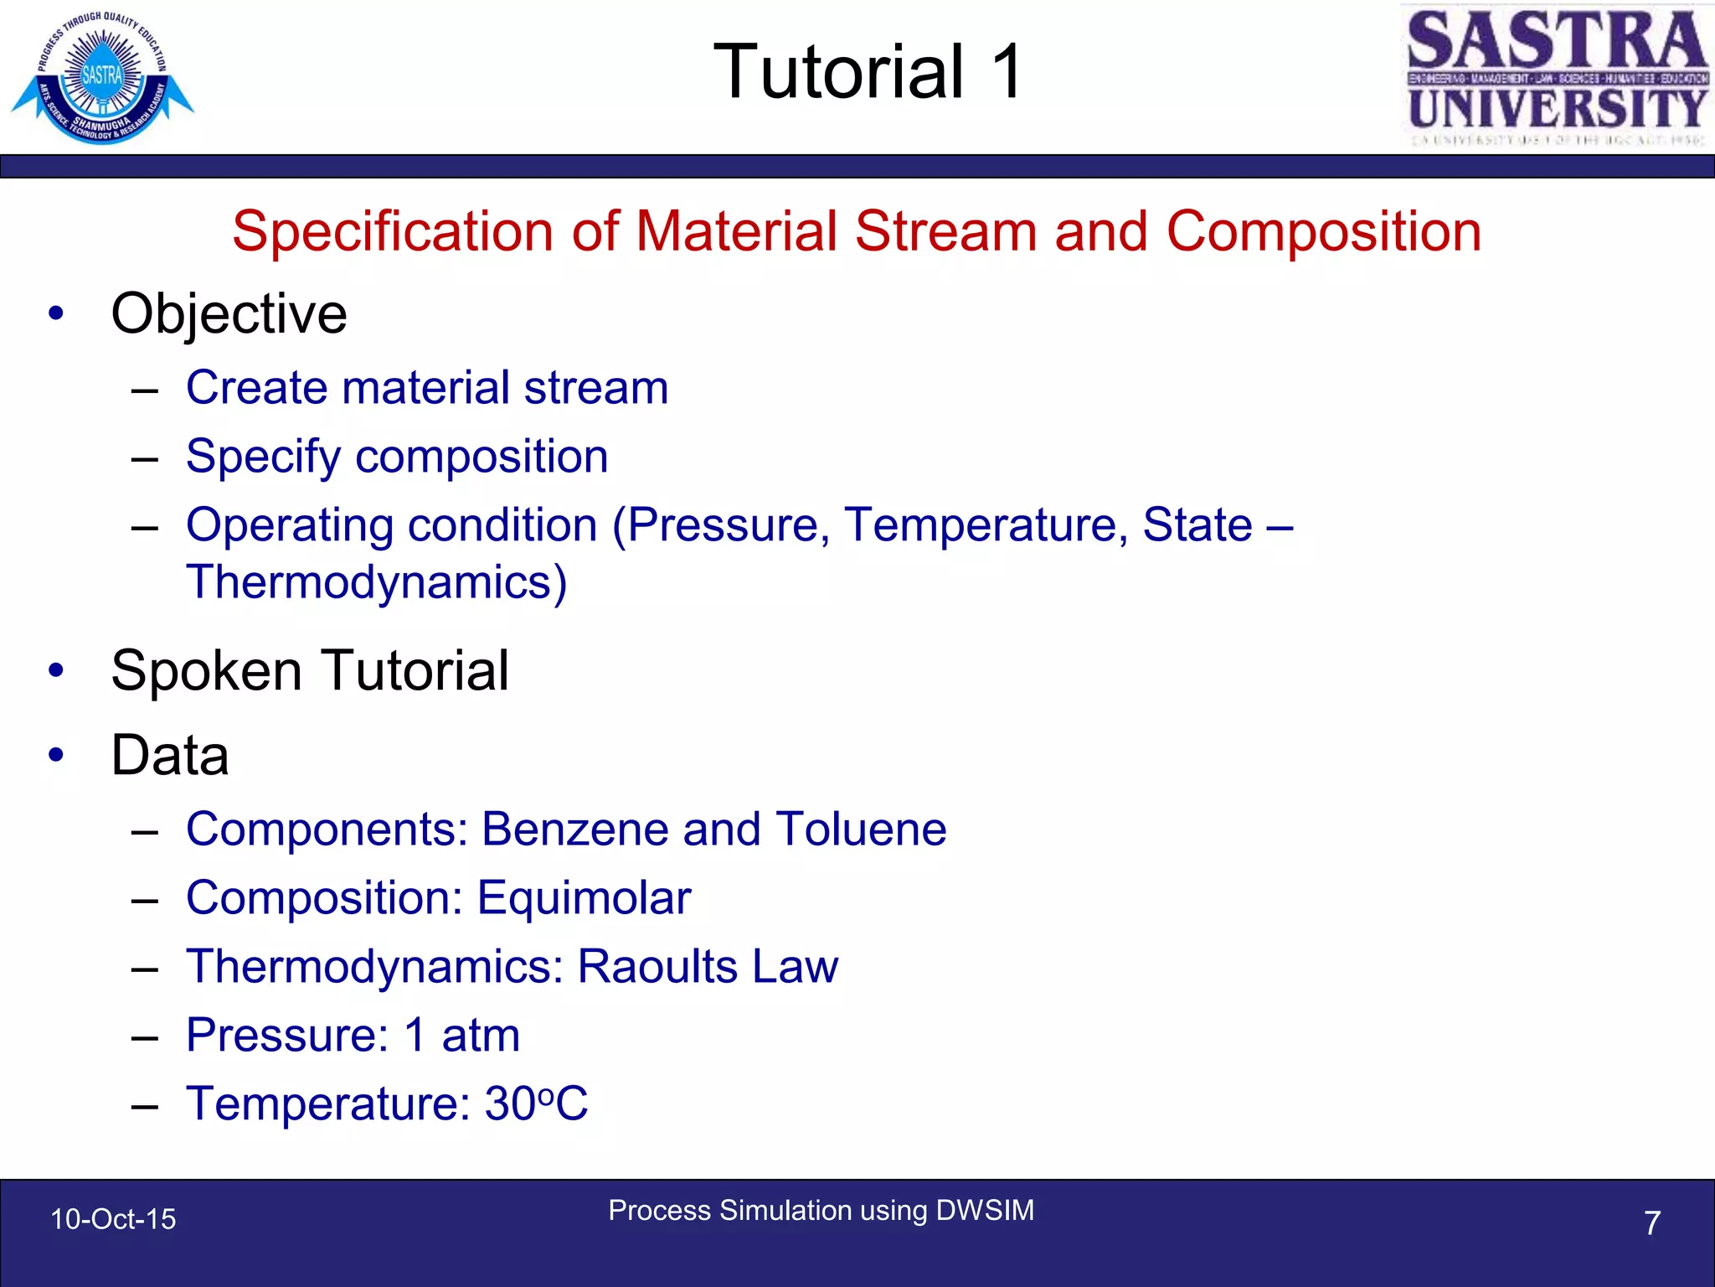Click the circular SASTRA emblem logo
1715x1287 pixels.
coord(101,78)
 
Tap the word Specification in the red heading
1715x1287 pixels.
coord(392,231)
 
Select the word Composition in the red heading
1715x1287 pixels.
coord(1323,231)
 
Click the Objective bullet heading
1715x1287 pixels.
coord(229,313)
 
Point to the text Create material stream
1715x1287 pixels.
coord(427,387)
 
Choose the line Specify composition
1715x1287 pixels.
coord(397,457)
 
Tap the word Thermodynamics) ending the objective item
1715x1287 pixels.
coord(377,582)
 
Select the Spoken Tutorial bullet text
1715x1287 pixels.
coord(310,670)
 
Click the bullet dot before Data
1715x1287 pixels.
coord(56,755)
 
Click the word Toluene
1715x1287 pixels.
coord(861,830)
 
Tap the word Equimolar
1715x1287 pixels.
coord(584,898)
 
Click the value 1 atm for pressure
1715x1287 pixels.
coord(462,1036)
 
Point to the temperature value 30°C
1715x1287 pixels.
coord(536,1104)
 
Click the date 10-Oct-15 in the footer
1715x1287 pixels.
coord(113,1219)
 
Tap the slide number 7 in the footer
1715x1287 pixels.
coord(1651,1223)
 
